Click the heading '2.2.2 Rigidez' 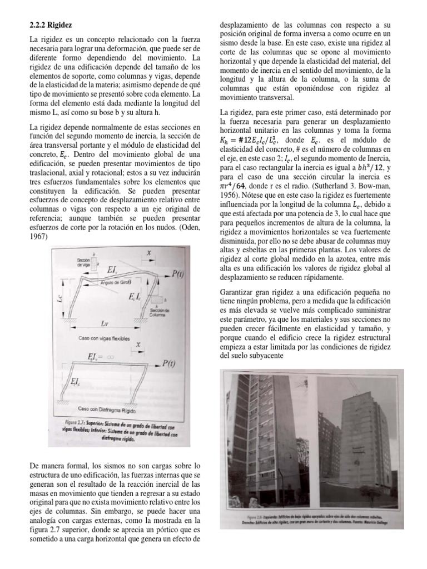click(50, 26)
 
